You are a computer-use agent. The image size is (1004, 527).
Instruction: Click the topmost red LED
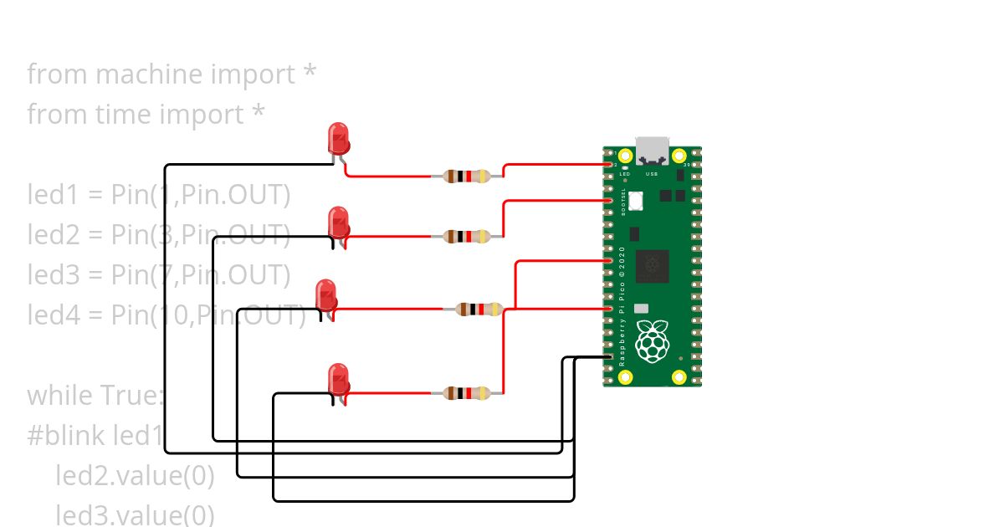pos(338,137)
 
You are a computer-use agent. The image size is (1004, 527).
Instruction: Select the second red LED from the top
pos(338,222)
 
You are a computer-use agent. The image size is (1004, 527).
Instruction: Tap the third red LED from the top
pos(325,294)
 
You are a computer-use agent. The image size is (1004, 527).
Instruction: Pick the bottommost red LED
pos(337,379)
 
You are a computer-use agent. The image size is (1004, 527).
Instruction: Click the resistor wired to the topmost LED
pos(467,177)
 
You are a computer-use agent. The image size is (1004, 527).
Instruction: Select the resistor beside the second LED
pos(467,237)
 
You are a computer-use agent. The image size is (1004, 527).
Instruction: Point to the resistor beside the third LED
pos(479,310)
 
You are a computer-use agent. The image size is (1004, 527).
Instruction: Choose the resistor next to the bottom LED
pos(467,392)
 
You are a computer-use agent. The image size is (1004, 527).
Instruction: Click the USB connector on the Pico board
pos(653,150)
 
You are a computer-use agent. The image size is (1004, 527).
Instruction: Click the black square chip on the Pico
pos(652,266)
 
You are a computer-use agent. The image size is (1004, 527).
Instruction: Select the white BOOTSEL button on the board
pos(636,200)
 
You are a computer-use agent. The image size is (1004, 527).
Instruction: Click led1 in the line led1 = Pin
pos(53,195)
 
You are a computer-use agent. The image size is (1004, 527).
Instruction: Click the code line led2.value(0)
pos(135,475)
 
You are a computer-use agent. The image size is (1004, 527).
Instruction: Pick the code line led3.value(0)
pos(135,514)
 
